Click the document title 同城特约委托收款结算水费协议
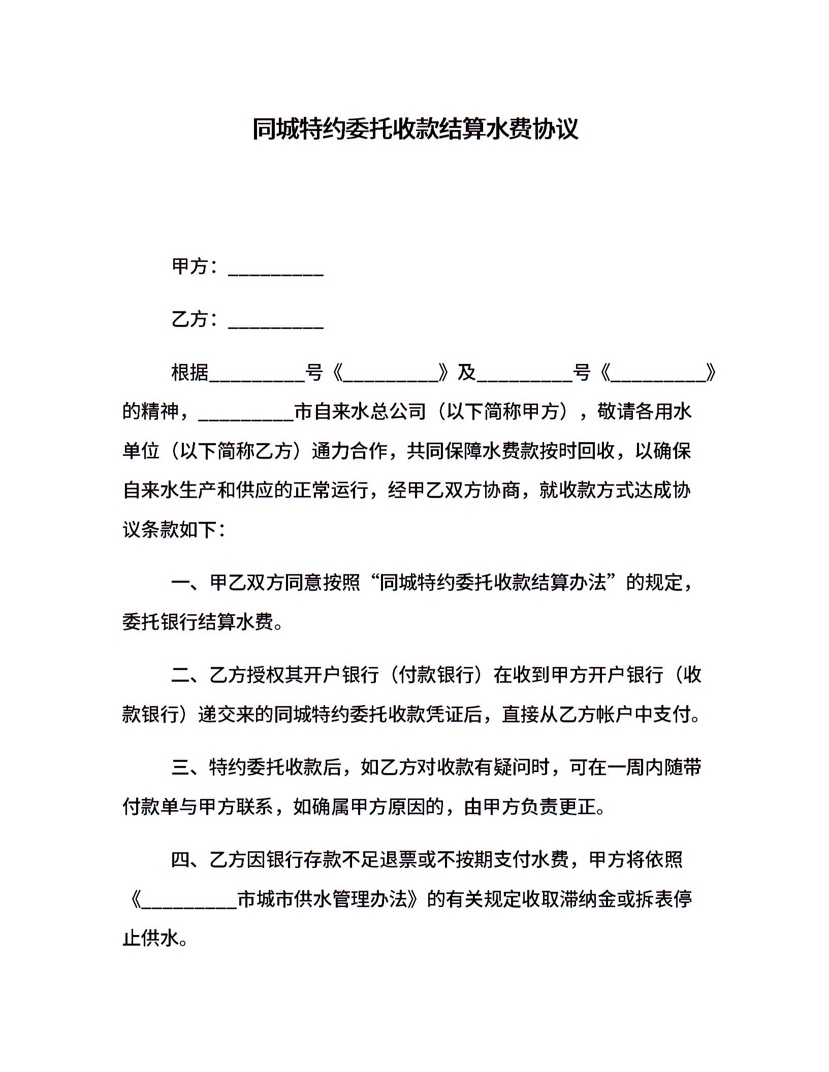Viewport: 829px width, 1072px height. (414, 129)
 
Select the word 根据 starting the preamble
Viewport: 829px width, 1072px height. (190, 373)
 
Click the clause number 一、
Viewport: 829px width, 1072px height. (190, 583)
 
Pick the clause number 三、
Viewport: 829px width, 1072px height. (190, 767)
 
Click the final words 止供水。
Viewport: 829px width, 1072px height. (156, 939)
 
